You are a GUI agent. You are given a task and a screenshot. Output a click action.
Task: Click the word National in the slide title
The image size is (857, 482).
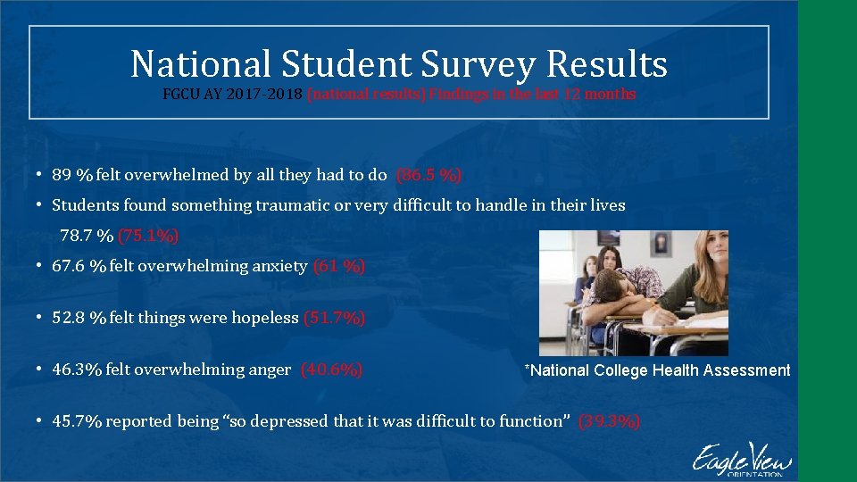tap(199, 64)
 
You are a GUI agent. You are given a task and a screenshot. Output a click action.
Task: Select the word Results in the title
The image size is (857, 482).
tap(606, 64)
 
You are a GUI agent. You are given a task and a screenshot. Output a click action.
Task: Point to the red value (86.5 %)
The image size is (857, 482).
tap(428, 175)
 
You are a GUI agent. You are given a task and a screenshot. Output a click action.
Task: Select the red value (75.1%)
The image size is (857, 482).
tap(148, 236)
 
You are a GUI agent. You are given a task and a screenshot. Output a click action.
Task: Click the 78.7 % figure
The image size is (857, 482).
tap(87, 236)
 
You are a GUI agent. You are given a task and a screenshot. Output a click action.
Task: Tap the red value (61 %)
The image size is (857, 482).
tap(339, 266)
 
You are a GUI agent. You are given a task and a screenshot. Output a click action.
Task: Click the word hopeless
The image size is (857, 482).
tap(269, 318)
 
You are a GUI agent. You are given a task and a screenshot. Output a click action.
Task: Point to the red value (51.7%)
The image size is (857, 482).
tap(335, 318)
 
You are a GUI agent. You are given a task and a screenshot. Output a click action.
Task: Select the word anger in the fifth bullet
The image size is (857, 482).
tap(271, 370)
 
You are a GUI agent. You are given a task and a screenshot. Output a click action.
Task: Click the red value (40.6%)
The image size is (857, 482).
tap(331, 370)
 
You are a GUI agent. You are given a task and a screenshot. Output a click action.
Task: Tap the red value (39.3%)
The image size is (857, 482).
tap(609, 421)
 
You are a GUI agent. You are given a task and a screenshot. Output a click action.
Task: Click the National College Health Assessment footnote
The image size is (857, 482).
tap(657, 370)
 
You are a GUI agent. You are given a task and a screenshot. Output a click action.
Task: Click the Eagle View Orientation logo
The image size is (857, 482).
tap(740, 460)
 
